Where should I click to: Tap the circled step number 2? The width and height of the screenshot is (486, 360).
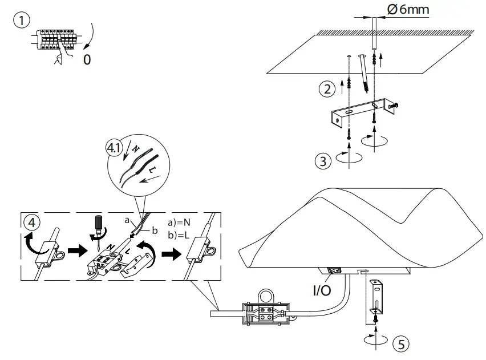[326, 89]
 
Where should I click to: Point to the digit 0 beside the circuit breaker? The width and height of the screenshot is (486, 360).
[87, 59]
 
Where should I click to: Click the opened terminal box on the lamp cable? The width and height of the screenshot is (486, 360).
[265, 312]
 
